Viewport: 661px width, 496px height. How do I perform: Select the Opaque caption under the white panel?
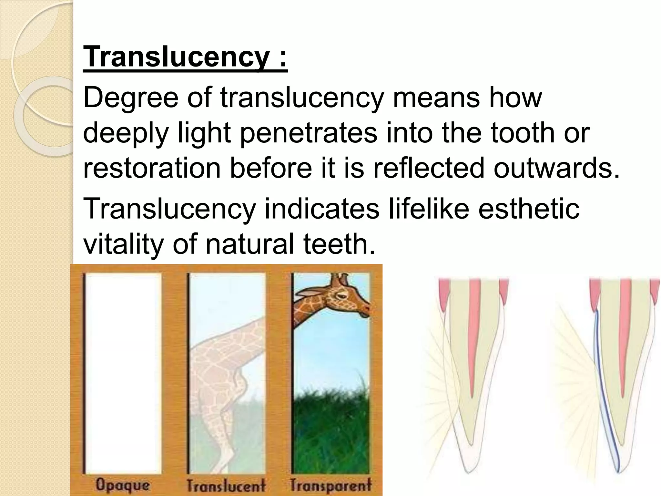pyautogui.click(x=122, y=484)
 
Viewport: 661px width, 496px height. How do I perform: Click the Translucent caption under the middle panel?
pyautogui.click(x=226, y=485)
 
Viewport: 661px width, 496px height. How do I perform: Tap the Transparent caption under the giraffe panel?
pyautogui.click(x=330, y=485)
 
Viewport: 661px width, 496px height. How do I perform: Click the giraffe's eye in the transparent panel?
pyautogui.click(x=345, y=295)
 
